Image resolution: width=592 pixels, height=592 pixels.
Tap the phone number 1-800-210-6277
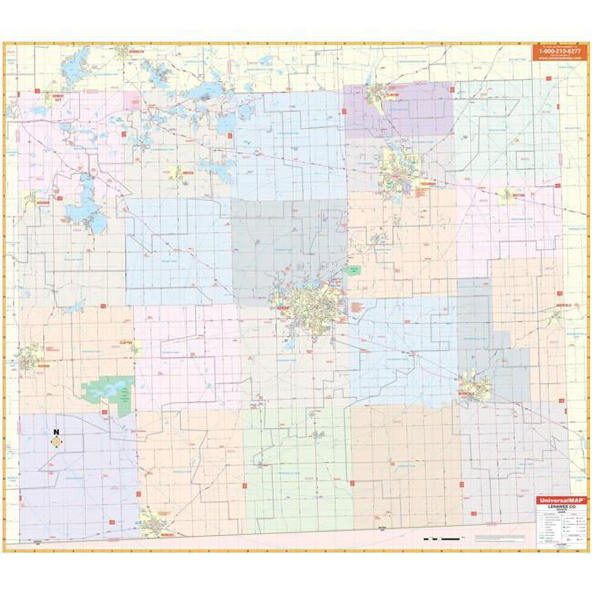pos(557,51)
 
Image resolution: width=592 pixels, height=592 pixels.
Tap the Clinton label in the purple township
pos(394,94)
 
